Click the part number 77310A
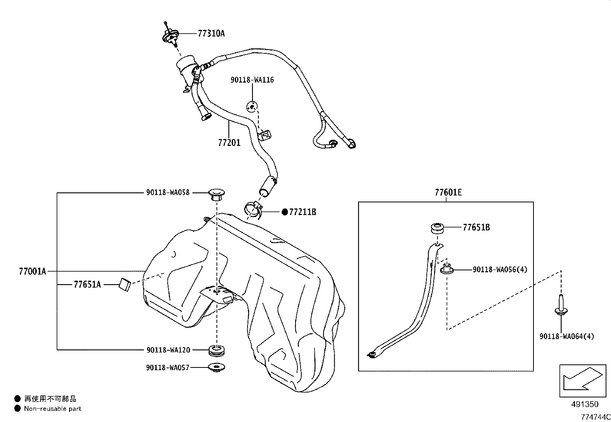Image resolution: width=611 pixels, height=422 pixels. (x=211, y=33)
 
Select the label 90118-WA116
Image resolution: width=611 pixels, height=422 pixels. (x=252, y=80)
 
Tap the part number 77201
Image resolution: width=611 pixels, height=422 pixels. (x=229, y=143)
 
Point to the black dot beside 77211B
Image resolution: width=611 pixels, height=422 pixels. (x=285, y=212)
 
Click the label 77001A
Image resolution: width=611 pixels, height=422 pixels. (x=32, y=271)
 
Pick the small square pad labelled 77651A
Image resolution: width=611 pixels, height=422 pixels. (x=125, y=285)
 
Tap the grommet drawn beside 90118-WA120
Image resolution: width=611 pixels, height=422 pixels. (x=217, y=350)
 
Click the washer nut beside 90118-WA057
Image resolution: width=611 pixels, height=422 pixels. (x=217, y=367)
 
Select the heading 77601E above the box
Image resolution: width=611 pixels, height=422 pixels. (x=448, y=192)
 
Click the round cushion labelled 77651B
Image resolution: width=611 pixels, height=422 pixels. (x=437, y=228)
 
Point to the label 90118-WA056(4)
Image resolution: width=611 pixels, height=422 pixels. (x=500, y=270)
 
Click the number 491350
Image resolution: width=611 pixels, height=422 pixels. (x=585, y=404)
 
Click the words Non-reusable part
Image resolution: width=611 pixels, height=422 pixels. (x=53, y=409)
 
